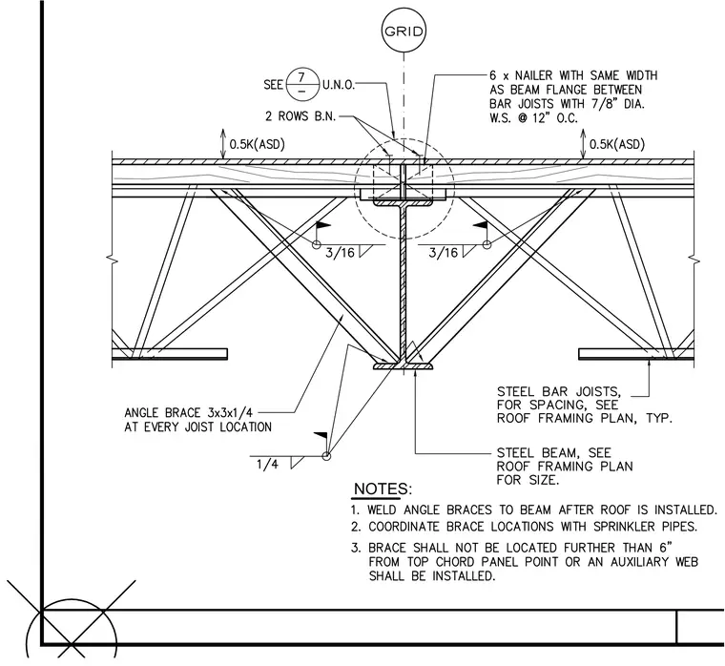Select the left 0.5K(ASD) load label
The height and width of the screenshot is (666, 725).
tap(257, 145)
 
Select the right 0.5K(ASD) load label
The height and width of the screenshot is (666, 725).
tap(617, 145)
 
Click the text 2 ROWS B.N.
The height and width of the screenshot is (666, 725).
tap(300, 116)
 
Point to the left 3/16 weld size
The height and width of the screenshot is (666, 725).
tap(340, 253)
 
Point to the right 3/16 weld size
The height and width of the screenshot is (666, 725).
tap(444, 253)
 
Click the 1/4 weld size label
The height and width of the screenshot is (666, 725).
tap(268, 465)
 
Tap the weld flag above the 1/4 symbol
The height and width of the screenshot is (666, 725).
tap(321, 436)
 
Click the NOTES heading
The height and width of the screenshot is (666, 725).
tap(383, 489)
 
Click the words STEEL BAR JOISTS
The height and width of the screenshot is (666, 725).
tap(559, 392)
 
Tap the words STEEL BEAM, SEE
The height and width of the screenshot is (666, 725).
tap(554, 452)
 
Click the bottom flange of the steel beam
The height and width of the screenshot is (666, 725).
tap(404, 366)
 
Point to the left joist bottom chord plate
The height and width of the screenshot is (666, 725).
tap(170, 354)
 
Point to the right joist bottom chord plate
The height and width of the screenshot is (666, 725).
tap(636, 354)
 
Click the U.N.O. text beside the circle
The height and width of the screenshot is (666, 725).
tap(339, 85)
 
